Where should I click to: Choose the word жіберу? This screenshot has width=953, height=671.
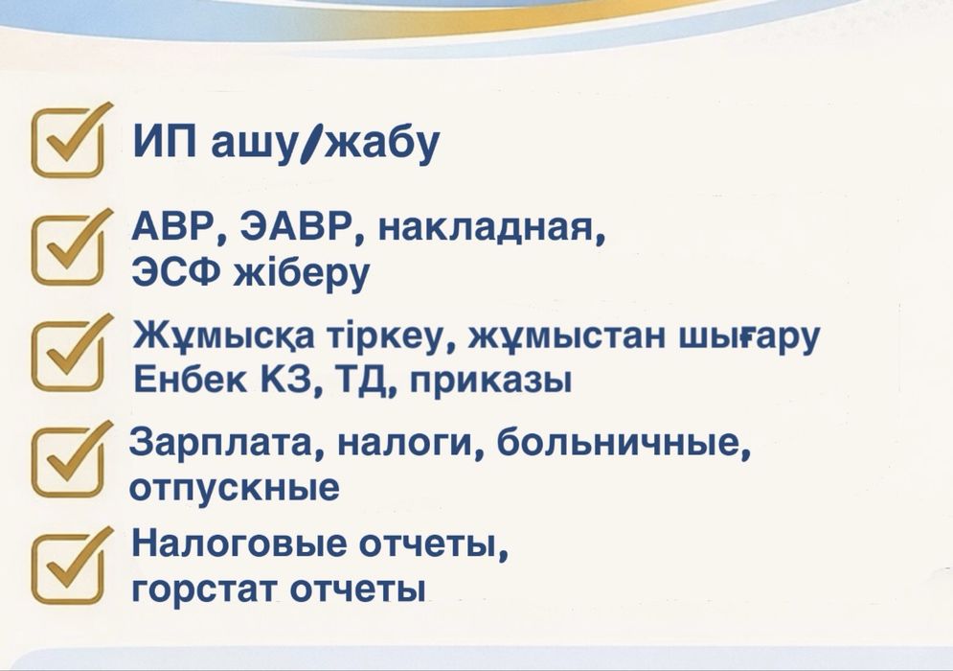(302, 275)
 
